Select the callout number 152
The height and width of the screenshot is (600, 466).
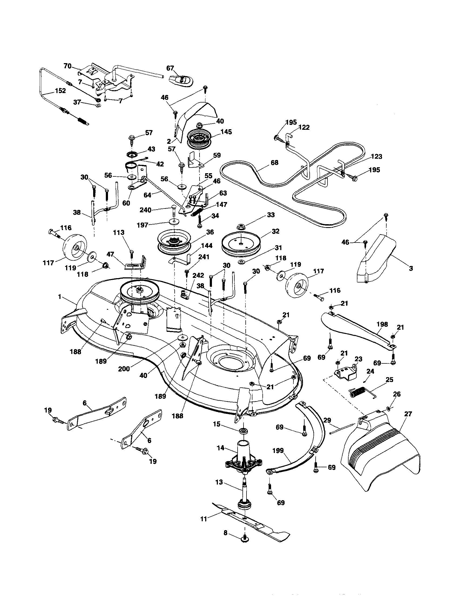click(60, 91)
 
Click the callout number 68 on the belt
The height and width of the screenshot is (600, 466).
click(274, 163)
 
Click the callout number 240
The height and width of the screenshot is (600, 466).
click(146, 210)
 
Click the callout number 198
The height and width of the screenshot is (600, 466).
click(382, 324)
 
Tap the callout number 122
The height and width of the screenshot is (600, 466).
click(304, 127)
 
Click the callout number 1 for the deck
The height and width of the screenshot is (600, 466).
click(59, 297)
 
